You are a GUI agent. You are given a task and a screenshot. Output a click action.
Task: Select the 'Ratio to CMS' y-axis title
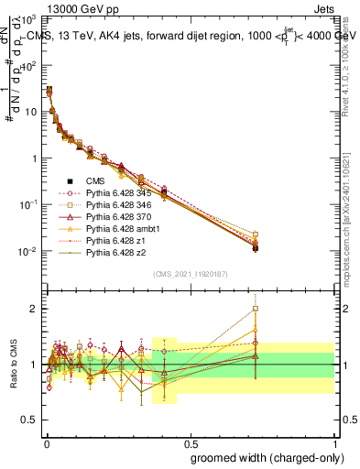pyautogui.click(x=15, y=364)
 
